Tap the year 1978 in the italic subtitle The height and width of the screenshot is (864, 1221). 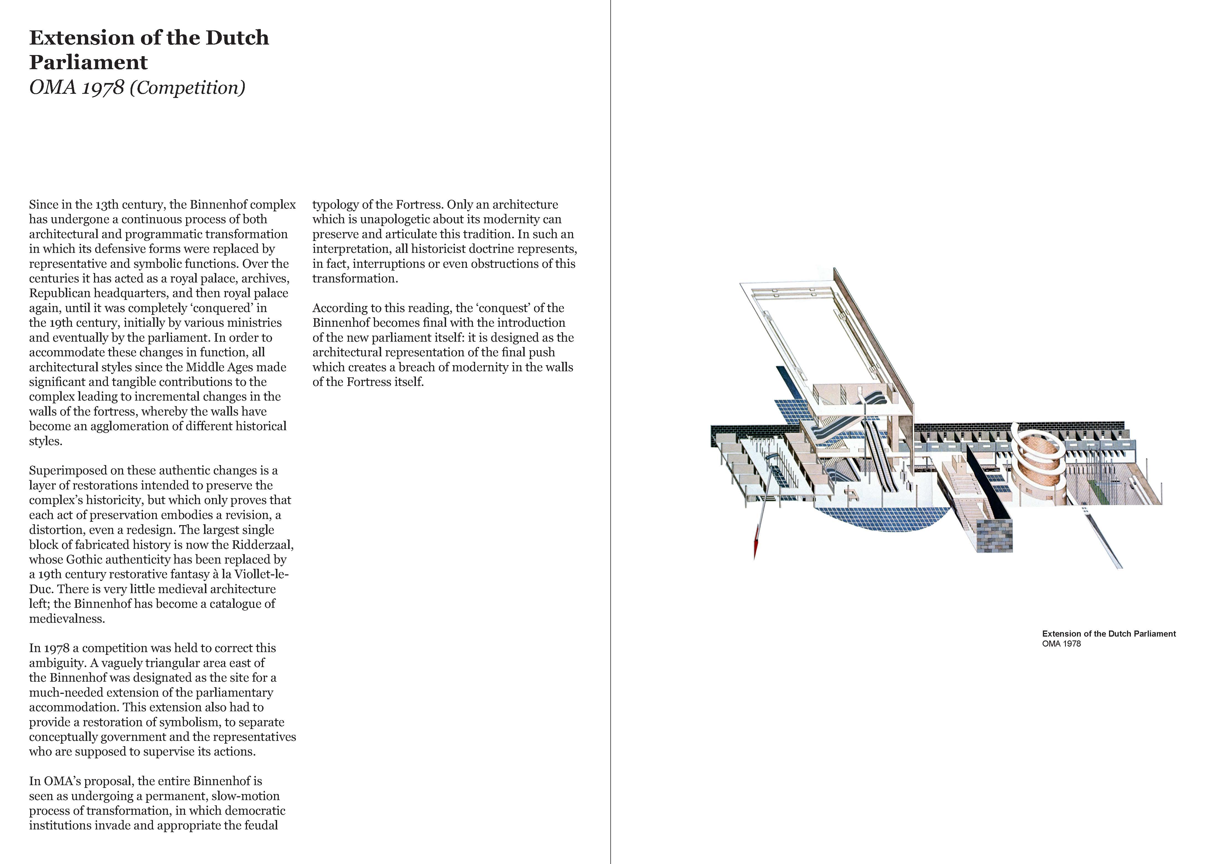(x=103, y=88)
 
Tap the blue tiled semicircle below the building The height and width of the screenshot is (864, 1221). (x=883, y=519)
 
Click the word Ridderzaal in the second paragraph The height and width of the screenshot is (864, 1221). (x=262, y=545)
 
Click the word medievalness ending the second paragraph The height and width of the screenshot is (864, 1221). (x=66, y=619)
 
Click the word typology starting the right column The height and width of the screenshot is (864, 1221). (x=335, y=205)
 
